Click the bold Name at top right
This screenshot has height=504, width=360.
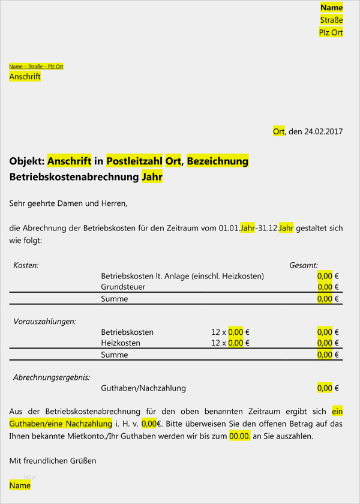point(331,7)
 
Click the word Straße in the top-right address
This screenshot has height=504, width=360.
point(331,20)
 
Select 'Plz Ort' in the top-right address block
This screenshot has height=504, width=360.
point(331,32)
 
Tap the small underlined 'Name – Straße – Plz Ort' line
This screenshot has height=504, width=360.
point(36,66)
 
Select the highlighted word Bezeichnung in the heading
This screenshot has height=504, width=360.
point(217,161)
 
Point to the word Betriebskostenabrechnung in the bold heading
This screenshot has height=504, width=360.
point(74,178)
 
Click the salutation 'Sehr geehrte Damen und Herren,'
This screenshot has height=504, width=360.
point(68,203)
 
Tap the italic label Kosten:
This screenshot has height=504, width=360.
point(26,265)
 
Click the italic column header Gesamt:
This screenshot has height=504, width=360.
point(304,265)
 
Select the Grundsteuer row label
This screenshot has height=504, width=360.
point(123,287)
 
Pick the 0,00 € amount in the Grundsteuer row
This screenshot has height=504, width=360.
point(328,287)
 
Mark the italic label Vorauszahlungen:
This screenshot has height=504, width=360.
point(45,322)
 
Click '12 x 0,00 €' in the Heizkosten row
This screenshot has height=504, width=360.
point(230,343)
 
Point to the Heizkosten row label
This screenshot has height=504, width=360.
point(121,343)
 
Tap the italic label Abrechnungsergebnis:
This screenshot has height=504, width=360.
point(52,377)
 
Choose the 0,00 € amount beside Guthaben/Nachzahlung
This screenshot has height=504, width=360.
point(328,388)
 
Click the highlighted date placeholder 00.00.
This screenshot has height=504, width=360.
point(239,437)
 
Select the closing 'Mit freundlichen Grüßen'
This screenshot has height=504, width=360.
point(53,461)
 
